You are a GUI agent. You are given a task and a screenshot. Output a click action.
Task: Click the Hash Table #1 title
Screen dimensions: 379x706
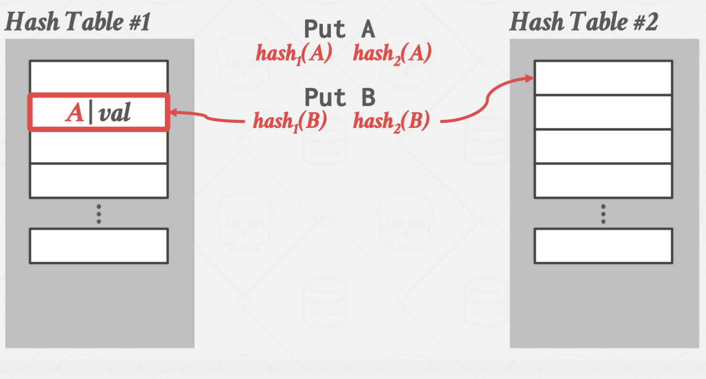click(77, 22)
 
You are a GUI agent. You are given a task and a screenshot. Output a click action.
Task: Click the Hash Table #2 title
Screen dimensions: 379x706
click(583, 22)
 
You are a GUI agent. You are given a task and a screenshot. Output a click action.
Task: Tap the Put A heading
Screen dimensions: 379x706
click(339, 30)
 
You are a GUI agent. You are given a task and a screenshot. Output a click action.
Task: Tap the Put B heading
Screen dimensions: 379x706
click(340, 97)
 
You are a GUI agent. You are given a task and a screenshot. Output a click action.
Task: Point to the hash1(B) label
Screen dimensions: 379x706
click(290, 122)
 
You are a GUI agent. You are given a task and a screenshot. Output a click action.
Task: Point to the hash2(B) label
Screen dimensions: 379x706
click(391, 122)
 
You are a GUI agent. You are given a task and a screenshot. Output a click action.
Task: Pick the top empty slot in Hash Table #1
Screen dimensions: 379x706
click(99, 77)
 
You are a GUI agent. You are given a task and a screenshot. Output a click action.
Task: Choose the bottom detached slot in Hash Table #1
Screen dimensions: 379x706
click(99, 246)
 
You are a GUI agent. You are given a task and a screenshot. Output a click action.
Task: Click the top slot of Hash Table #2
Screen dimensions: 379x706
click(603, 78)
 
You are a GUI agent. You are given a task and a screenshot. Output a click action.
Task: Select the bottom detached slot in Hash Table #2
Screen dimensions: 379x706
click(603, 246)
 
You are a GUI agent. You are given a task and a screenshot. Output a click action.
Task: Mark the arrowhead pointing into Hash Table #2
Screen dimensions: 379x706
click(529, 78)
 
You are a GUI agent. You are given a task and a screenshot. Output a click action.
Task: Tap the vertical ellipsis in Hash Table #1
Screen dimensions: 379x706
click(99, 214)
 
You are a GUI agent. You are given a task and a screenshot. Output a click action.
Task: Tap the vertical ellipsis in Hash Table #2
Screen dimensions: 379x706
click(603, 214)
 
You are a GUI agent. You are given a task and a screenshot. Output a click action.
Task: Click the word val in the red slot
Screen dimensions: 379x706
click(114, 114)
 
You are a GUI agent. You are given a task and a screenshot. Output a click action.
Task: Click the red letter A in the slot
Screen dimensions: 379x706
click(74, 114)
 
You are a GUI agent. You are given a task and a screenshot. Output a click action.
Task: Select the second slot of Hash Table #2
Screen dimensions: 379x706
click(603, 112)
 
